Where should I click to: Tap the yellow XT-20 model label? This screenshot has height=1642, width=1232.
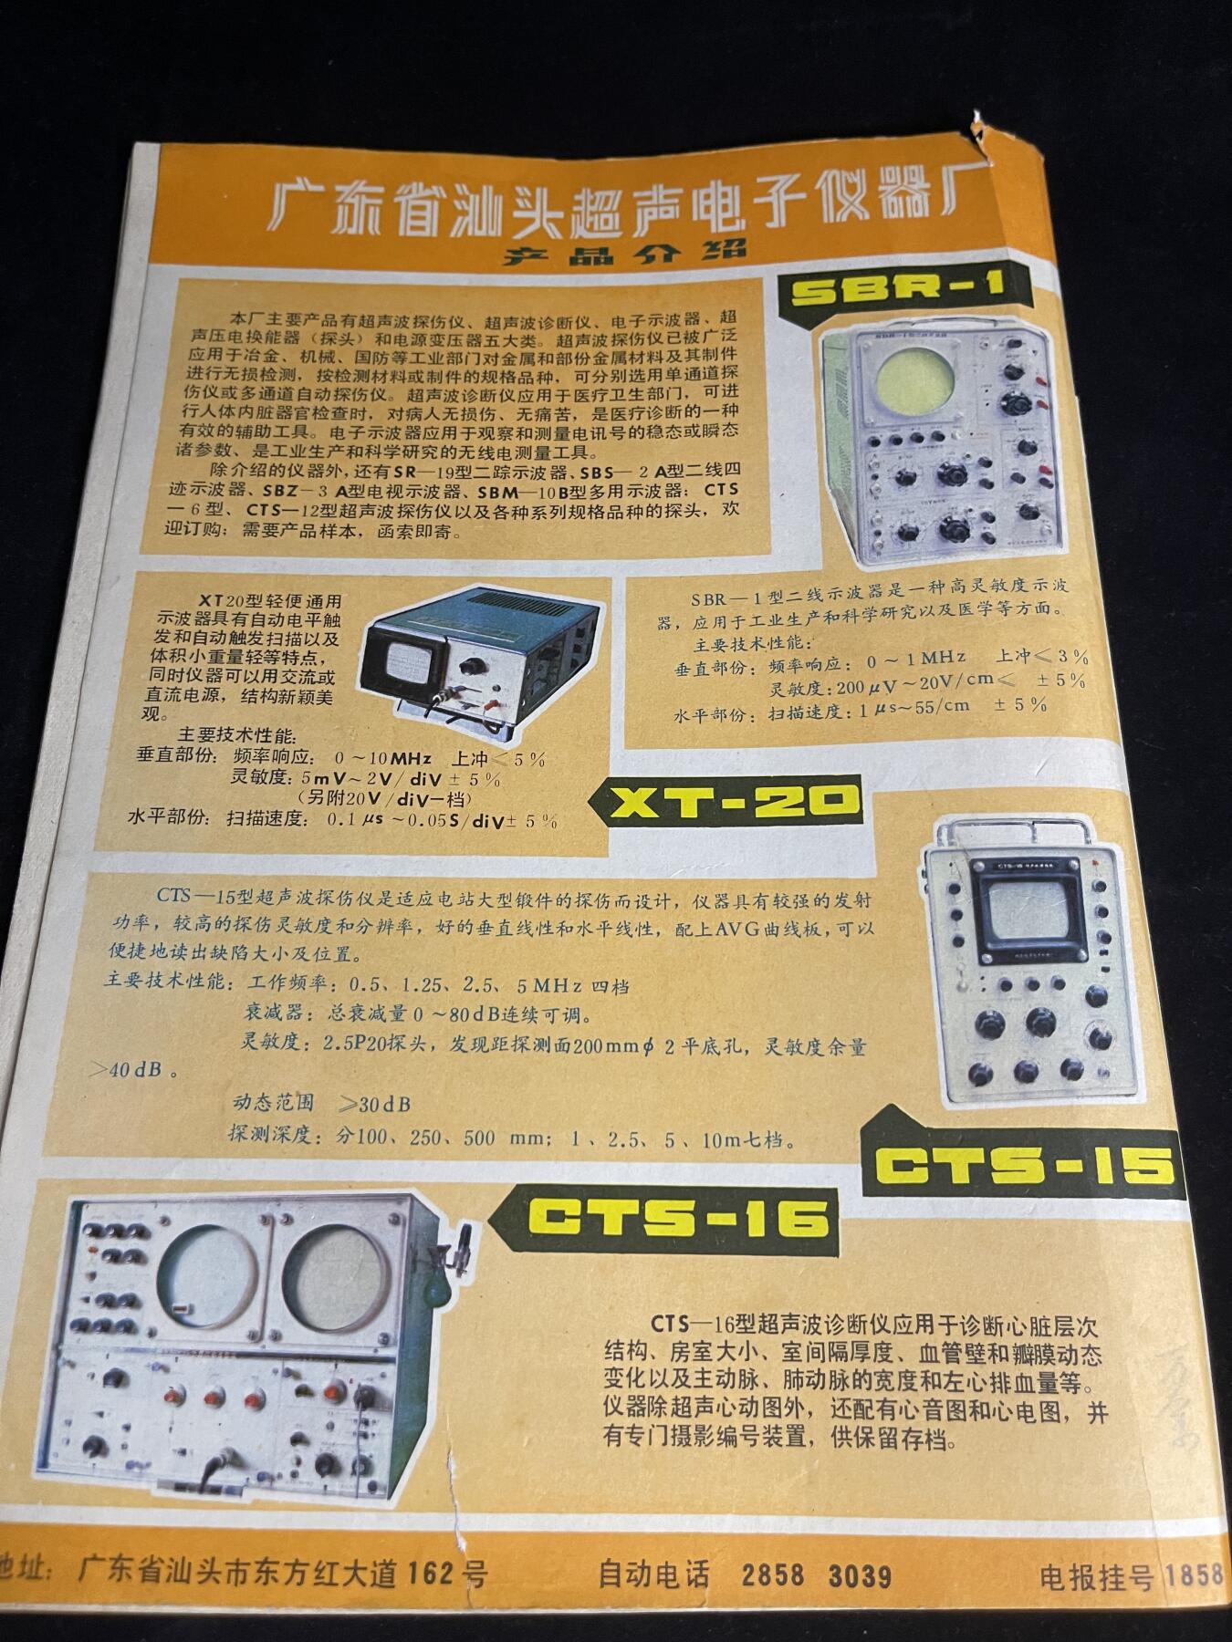734,801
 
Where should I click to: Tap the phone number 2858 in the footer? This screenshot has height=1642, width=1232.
774,1575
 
